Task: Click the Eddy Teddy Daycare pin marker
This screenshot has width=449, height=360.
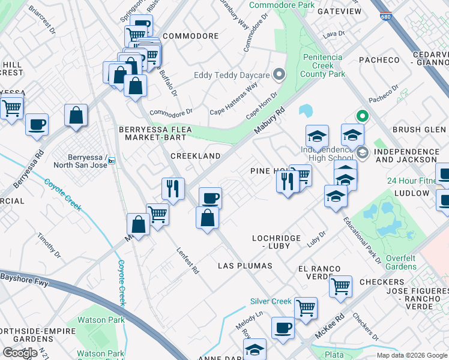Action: (278, 75)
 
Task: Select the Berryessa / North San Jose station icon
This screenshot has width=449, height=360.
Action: (112, 161)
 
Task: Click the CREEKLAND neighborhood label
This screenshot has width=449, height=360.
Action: (196, 155)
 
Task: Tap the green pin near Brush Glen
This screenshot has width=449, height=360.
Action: (361, 116)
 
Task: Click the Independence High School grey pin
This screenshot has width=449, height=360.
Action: (362, 153)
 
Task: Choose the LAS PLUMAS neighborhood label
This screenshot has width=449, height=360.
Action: (245, 265)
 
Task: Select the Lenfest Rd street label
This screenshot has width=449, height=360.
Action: (187, 261)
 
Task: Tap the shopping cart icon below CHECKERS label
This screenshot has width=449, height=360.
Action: (340, 287)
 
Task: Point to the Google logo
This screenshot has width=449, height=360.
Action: (20, 353)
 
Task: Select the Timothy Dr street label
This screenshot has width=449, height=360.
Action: (49, 245)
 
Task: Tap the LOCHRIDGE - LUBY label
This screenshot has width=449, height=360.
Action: (276, 242)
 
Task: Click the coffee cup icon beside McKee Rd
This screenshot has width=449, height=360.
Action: (283, 328)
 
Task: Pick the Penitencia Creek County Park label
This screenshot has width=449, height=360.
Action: (322, 65)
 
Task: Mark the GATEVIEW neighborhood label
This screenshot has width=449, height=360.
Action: (339, 11)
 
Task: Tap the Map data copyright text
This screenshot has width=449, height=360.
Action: (412, 355)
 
